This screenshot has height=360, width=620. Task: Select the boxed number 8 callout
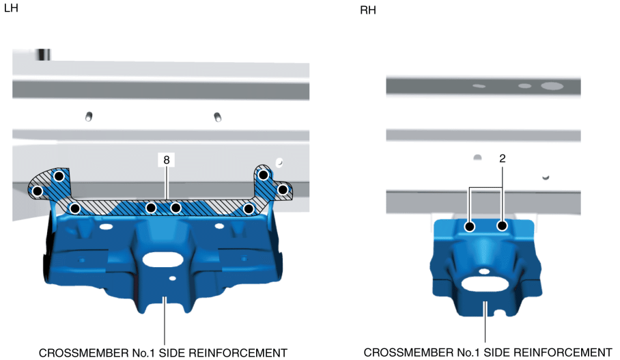[x=166, y=160]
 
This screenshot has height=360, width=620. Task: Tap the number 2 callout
[x=503, y=158]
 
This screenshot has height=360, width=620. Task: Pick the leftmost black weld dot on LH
[x=38, y=191]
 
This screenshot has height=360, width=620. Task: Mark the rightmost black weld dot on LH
[x=282, y=189]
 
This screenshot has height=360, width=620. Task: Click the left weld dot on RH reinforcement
[x=470, y=226]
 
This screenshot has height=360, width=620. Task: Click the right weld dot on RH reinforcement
[x=502, y=225]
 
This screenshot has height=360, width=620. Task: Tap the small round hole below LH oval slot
[x=172, y=279]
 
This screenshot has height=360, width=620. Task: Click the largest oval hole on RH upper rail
[x=552, y=86]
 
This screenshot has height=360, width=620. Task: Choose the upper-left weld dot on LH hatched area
[x=59, y=176]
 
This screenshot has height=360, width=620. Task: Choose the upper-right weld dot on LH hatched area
[x=262, y=175]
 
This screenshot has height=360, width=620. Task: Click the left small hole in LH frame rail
[x=89, y=117]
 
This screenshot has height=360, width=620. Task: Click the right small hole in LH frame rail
[x=218, y=116]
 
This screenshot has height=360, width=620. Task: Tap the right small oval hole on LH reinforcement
[x=219, y=225]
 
